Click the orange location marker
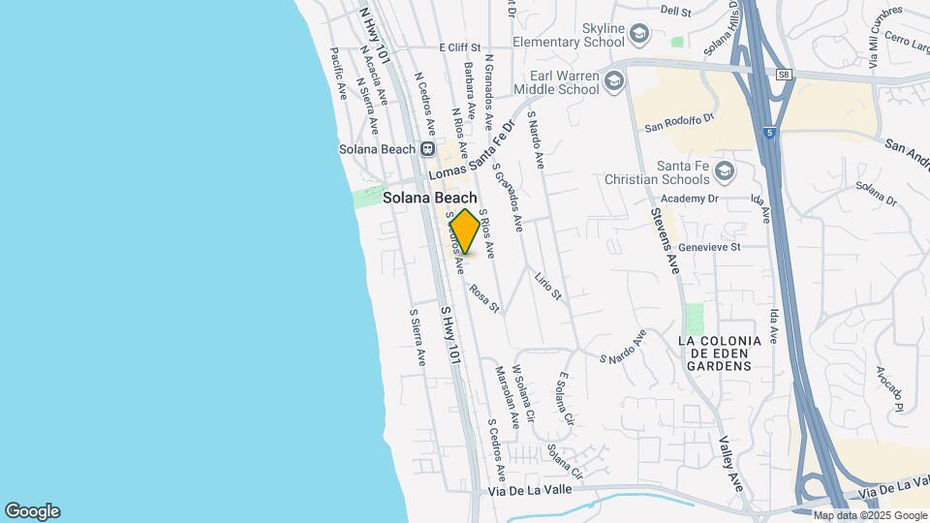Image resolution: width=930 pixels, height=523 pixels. tap(465, 231)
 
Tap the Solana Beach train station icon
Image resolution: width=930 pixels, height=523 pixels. tap(427, 149)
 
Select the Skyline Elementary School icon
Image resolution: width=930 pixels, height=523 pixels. tap(639, 36)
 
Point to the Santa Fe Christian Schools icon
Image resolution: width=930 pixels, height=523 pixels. tap(724, 172)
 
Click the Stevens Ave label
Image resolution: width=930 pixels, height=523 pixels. tap(666, 241)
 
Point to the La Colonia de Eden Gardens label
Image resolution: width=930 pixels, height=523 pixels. tap(715, 354)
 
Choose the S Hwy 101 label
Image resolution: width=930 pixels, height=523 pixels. tap(449, 336)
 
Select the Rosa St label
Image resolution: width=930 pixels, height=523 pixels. tap(484, 298)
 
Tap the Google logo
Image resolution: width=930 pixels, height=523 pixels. tap(32, 511)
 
